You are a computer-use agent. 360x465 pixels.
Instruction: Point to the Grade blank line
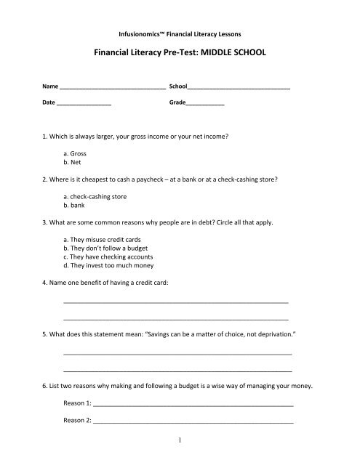tap(205, 105)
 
